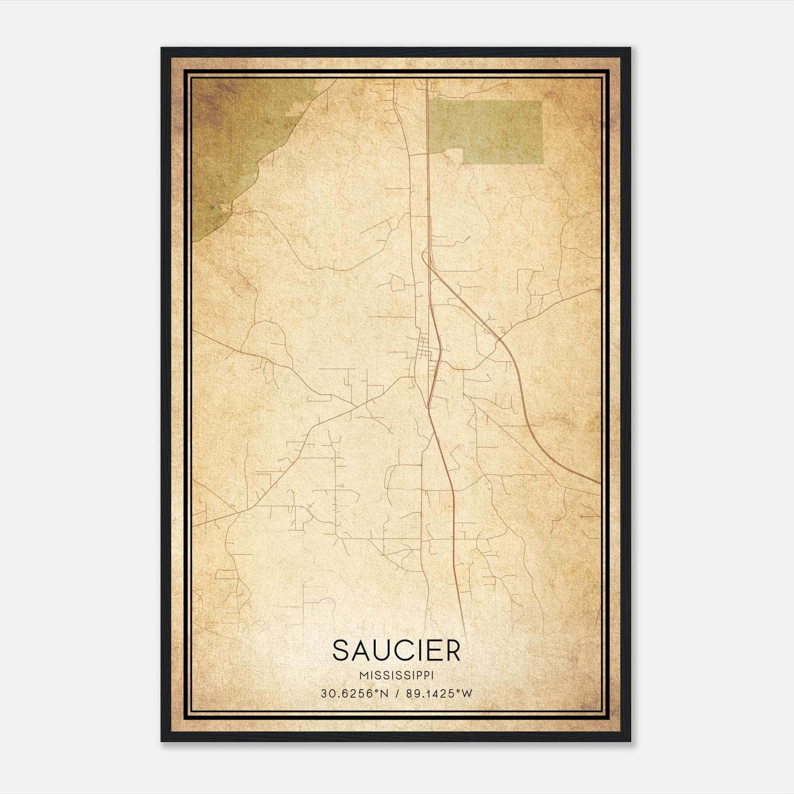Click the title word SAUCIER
point(397,651)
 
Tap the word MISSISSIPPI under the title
point(397,676)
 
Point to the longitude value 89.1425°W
point(440,694)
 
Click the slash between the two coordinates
point(397,694)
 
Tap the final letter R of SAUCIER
point(452,651)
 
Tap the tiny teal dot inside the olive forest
point(212,208)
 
